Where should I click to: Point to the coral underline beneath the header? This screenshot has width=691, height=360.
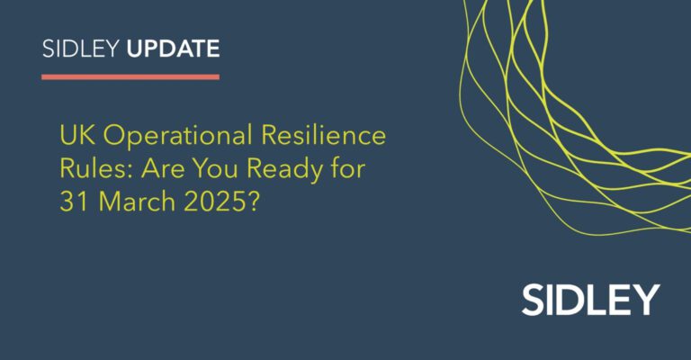click(x=130, y=76)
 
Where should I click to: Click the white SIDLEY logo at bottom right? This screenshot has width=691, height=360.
click(x=590, y=299)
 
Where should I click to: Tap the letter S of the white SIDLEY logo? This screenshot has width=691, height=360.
click(x=533, y=299)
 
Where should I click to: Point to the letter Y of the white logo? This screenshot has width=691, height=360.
click(x=647, y=299)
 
